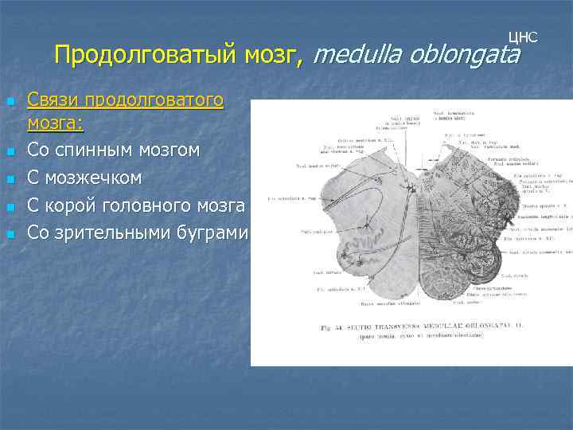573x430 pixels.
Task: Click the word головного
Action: (x=151, y=205)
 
